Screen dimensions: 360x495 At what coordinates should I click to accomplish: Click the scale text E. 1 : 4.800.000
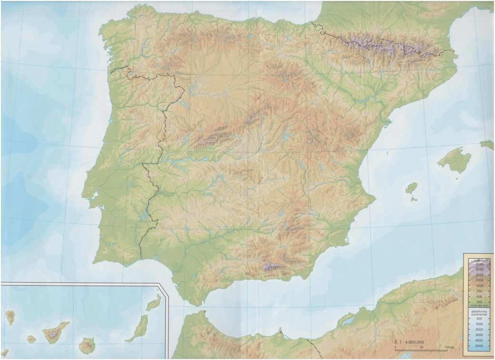(409, 342)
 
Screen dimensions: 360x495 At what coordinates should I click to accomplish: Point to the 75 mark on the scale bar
(421, 347)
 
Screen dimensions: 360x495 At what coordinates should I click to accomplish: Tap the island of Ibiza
(411, 188)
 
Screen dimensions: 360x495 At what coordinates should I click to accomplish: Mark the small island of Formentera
(414, 199)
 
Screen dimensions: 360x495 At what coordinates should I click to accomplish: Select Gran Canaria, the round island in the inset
(87, 345)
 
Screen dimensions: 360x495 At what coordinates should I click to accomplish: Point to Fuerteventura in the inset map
(138, 328)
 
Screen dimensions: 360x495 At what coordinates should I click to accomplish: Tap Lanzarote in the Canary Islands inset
(154, 302)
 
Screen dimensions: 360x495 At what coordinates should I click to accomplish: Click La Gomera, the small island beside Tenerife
(31, 339)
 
